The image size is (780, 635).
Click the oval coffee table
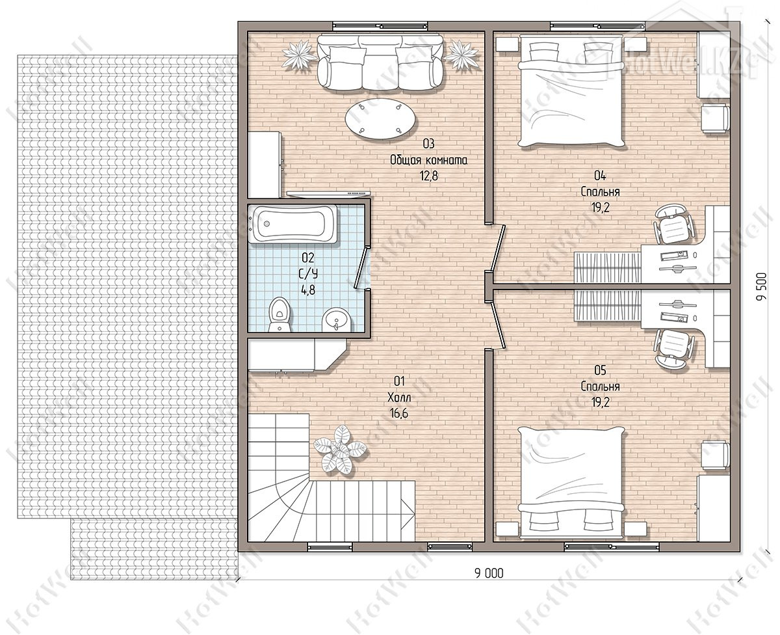pos(380,118)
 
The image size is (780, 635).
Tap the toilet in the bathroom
pos(279,314)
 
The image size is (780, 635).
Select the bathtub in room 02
pos(292,224)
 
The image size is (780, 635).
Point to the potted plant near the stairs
pos(340,450)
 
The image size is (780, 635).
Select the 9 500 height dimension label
pos(762,286)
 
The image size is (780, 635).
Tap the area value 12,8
pos(429,176)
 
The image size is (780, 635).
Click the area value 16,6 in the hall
pos(399,414)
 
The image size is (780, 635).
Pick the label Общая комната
pos(428,160)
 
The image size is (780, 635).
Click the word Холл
pos(399,398)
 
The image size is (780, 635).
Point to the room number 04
pos(600,176)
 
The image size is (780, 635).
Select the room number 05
pos(600,370)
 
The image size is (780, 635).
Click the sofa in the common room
pos(380,62)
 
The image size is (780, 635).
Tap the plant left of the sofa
pos(300,54)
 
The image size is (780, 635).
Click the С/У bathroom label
pos(308,274)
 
